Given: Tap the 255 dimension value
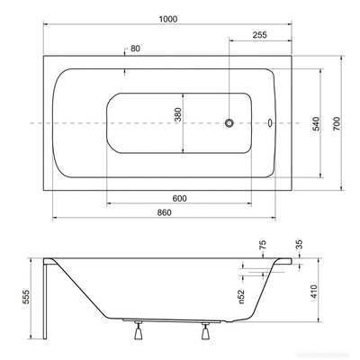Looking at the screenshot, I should (259, 36).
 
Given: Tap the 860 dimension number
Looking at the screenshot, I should (164, 212).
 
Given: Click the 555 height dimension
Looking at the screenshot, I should (27, 297).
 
